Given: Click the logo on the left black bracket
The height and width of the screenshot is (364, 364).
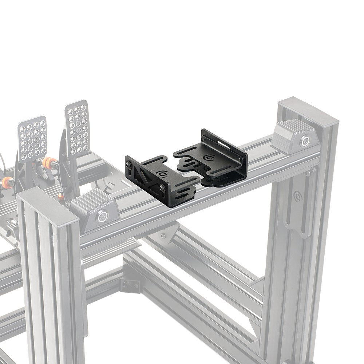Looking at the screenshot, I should [161, 173].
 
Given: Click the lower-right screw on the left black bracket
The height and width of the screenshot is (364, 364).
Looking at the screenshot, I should [162, 188].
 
